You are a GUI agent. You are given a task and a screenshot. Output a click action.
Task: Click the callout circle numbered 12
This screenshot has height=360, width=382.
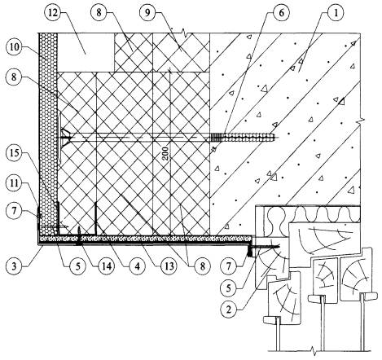(53, 12)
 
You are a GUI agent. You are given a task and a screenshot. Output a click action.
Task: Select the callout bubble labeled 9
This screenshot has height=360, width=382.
(147, 12)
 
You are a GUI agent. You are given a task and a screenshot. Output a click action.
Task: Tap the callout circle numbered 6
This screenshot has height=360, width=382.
(281, 12)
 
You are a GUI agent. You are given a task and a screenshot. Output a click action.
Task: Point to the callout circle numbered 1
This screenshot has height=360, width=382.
(336, 12)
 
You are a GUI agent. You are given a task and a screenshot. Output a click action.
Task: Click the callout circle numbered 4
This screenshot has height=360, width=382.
(138, 266)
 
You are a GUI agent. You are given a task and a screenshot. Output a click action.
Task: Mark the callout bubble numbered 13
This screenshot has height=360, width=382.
(169, 266)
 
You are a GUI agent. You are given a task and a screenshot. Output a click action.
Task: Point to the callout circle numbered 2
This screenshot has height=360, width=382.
(229, 310)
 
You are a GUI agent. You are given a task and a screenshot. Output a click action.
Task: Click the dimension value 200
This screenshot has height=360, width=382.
(166, 153)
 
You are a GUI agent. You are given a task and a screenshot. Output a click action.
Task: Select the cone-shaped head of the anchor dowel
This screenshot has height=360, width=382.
(66, 138)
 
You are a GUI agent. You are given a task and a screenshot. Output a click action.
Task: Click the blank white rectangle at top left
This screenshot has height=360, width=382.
(86, 52)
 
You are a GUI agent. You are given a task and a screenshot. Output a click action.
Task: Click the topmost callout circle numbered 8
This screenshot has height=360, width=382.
(99, 12)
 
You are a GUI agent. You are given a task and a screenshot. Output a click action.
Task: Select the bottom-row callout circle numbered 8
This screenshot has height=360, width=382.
(202, 266)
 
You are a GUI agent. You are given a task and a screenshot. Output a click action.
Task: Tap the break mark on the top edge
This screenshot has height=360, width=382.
(185, 33)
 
